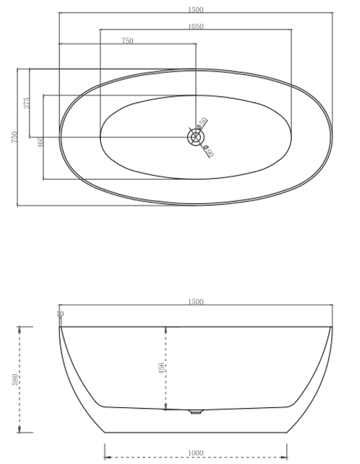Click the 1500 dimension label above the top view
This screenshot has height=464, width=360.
[195, 9]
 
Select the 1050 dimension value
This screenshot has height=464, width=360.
[195, 26]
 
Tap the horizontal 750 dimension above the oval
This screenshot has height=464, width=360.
[127, 41]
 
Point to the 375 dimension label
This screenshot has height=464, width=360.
[27, 103]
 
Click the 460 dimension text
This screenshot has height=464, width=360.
[41, 142]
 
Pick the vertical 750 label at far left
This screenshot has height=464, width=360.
[15, 137]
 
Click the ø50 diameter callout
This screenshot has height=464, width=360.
[202, 123]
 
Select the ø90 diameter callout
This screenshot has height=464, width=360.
[208, 149]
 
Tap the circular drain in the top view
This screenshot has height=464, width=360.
[195, 137]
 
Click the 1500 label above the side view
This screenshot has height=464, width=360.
[195, 302]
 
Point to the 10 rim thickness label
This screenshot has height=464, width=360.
[60, 314]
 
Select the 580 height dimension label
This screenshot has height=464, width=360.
[15, 379]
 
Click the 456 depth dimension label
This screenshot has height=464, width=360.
[162, 367]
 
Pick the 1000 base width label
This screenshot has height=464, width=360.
[195, 453]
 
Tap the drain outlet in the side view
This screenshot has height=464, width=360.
[195, 411]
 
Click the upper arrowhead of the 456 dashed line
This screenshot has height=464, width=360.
[166, 329]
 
